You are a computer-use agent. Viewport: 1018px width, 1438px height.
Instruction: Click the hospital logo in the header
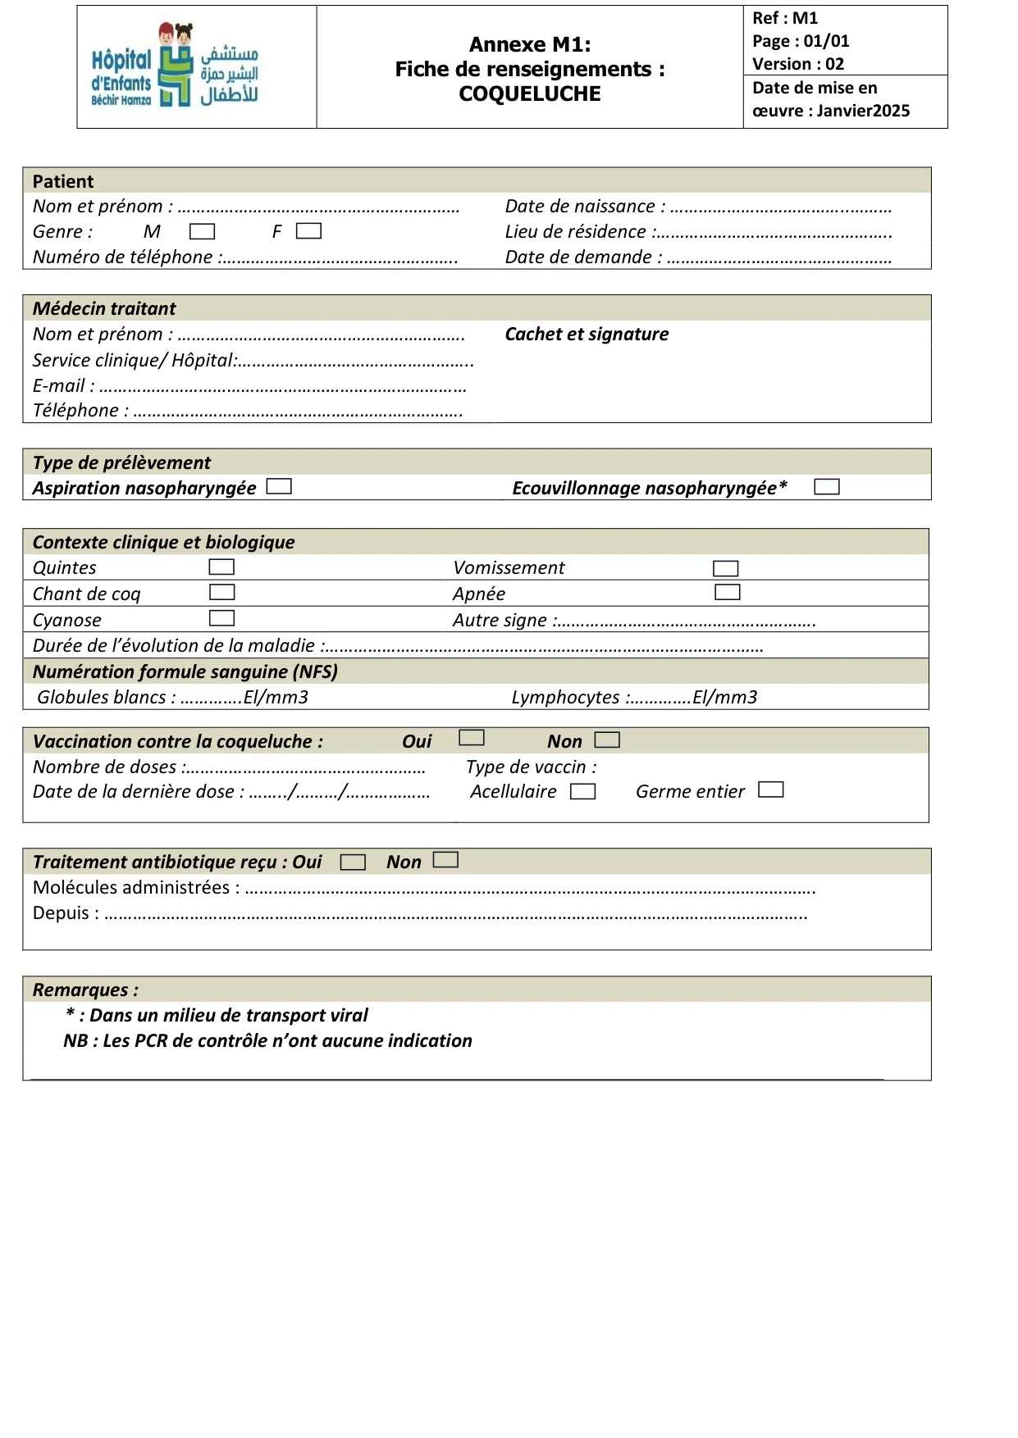click(x=175, y=66)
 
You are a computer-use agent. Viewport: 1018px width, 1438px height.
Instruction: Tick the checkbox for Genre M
click(x=202, y=232)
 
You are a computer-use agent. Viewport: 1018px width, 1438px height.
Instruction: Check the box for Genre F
click(x=308, y=231)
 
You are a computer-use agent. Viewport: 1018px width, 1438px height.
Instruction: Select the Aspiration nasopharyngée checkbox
click(x=279, y=487)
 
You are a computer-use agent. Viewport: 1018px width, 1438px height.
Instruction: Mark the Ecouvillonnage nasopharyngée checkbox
click(x=826, y=487)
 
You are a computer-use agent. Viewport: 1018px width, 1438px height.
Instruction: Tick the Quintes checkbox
click(x=221, y=567)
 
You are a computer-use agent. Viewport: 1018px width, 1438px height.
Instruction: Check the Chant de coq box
click(x=222, y=592)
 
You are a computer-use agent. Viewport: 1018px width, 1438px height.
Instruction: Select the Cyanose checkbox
click(x=221, y=618)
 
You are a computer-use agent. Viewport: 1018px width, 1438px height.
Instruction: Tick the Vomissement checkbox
click(x=726, y=568)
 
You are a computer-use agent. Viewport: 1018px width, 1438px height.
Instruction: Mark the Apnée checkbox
click(x=727, y=592)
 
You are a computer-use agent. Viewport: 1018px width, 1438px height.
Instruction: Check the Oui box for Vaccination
click(x=472, y=738)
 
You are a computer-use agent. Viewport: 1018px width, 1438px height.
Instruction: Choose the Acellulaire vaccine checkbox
click(x=582, y=792)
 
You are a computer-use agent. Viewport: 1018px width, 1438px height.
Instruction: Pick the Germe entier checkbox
click(x=771, y=790)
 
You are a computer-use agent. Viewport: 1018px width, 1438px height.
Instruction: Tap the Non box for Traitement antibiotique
click(x=445, y=860)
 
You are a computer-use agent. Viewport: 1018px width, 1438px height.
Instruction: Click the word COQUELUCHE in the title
click(x=530, y=94)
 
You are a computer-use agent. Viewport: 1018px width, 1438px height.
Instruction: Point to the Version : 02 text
click(x=797, y=64)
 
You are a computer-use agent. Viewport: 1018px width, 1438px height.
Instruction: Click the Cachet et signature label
click(x=587, y=334)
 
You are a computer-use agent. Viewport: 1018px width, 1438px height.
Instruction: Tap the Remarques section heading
click(x=85, y=990)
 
